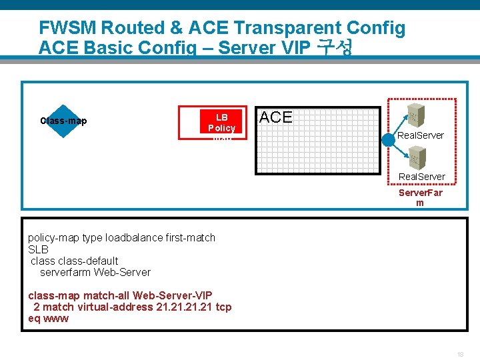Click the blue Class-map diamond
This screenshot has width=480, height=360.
coord(63,121)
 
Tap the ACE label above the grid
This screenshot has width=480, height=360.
coord(275,117)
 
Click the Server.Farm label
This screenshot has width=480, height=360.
coord(420,197)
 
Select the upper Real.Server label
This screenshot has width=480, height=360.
coord(421,135)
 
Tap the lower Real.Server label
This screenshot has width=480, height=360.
coord(422,177)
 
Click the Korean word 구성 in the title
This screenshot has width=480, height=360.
coord(335,48)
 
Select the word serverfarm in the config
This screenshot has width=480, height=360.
coord(65,272)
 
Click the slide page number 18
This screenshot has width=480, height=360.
coord(459,354)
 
